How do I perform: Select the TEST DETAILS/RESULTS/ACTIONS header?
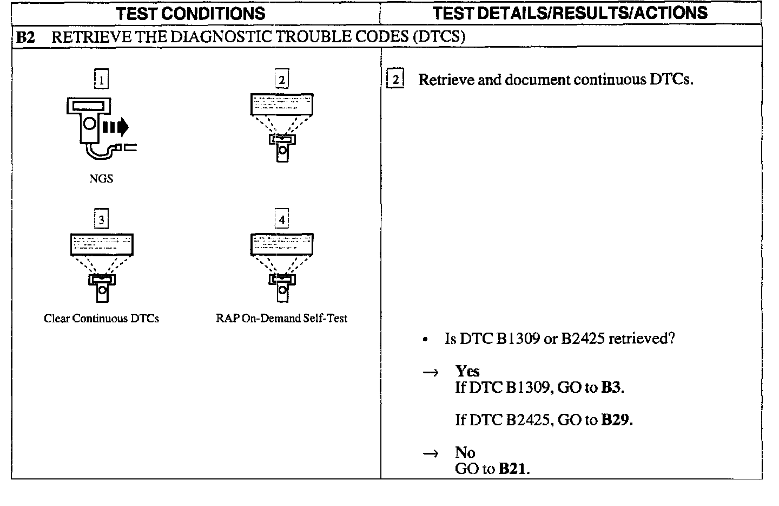click(x=570, y=13)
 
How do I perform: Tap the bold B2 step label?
click(x=25, y=37)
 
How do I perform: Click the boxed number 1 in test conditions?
click(x=101, y=80)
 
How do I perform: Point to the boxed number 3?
click(x=101, y=219)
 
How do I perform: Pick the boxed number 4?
click(x=282, y=219)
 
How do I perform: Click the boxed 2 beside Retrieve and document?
click(x=395, y=80)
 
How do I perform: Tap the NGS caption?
click(x=101, y=179)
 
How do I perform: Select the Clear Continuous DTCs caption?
click(x=101, y=319)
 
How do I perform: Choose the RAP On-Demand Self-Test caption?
click(x=281, y=319)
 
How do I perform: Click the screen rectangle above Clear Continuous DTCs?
click(x=102, y=244)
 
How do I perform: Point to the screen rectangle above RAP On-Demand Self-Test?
click(x=282, y=244)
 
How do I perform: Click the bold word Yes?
click(x=467, y=371)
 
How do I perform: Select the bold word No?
click(x=465, y=452)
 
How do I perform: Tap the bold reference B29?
click(x=616, y=420)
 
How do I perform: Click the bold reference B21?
click(x=512, y=469)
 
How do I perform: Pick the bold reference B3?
click(x=611, y=387)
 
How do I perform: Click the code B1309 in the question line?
click(x=518, y=339)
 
